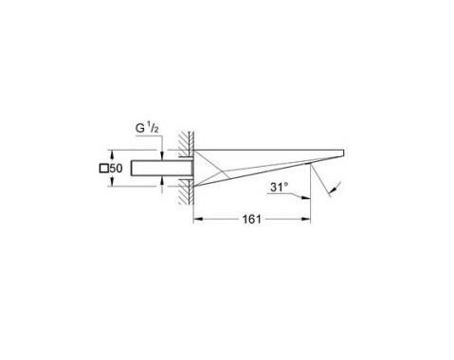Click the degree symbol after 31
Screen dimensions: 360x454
tap(284, 182)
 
